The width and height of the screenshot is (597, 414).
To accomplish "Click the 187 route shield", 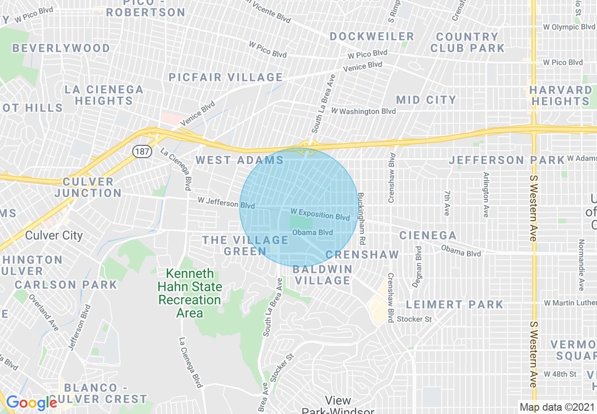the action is click(x=141, y=151).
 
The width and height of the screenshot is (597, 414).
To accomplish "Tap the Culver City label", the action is click(x=54, y=235).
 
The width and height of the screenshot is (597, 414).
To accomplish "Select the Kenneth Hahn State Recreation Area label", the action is click(x=190, y=293).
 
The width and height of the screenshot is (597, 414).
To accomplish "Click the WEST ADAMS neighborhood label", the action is click(x=240, y=160).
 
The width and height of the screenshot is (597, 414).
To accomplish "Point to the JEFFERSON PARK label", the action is click(x=507, y=160).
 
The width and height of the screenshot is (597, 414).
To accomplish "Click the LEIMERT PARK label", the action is click(x=454, y=304).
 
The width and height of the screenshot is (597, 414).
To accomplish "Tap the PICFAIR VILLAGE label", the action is click(x=226, y=77).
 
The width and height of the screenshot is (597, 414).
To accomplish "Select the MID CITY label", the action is click(x=426, y=100).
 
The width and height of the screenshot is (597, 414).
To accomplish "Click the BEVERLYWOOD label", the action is click(x=61, y=48).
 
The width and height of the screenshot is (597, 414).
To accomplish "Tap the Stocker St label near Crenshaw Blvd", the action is click(x=414, y=319).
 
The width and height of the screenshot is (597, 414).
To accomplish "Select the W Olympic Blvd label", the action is click(x=569, y=27).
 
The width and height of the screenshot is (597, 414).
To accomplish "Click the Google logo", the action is click(x=31, y=403).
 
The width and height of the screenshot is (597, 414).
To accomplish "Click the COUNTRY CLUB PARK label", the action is click(x=467, y=42).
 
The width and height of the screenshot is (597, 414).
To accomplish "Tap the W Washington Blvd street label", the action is click(x=363, y=111).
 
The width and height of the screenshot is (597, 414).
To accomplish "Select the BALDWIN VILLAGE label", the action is click(x=323, y=275).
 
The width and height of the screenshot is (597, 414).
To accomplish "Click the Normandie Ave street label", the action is click(x=581, y=265).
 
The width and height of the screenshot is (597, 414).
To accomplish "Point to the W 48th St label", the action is click(x=560, y=374).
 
